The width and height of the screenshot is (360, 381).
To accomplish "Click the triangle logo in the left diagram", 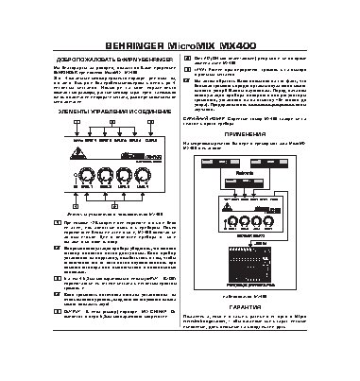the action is coord(75,158).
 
